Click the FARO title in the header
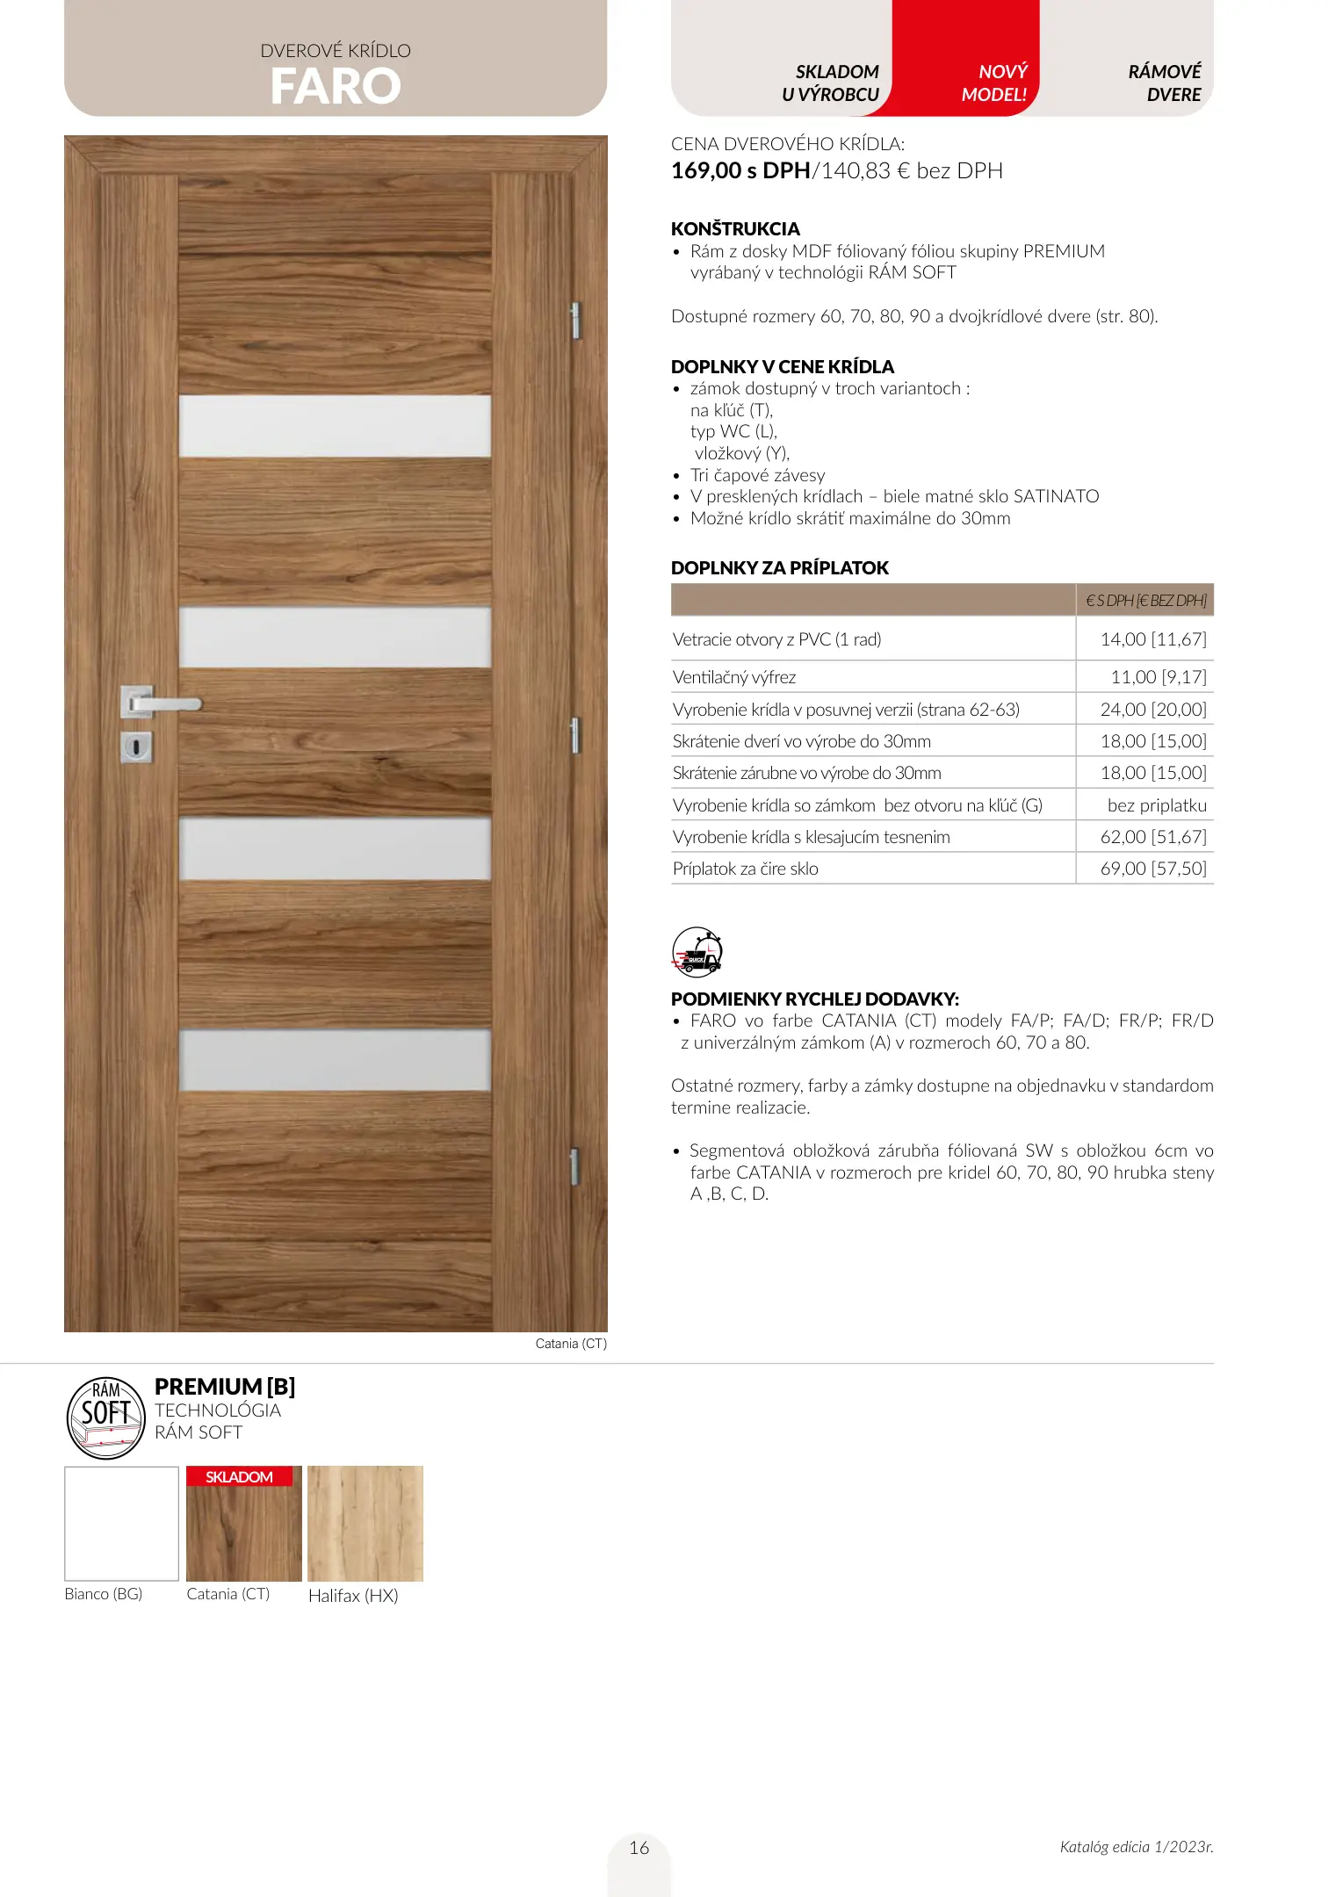coord(336,86)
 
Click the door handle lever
coord(167,703)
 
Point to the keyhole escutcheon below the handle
coord(136,747)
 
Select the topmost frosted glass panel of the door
coord(335,426)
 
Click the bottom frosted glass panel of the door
coord(335,1060)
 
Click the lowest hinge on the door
coord(574,1165)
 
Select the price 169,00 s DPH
coord(740,171)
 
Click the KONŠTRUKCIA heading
coord(735,229)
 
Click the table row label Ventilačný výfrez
coord(734,677)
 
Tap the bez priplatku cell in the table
coord(1157,805)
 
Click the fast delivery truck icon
coord(697,952)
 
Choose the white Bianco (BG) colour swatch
coord(121,1524)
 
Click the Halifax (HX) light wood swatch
coord(365,1524)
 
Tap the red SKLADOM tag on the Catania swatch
coord(239,1477)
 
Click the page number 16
coord(639,1848)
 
